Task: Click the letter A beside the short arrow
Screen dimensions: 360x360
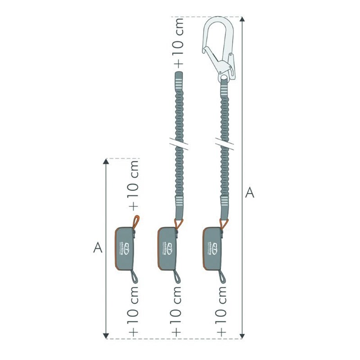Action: (98, 247)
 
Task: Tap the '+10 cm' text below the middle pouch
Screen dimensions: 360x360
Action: (177, 311)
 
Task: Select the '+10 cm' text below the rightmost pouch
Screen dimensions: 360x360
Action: (222, 311)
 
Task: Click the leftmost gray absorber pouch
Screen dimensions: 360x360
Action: (124, 248)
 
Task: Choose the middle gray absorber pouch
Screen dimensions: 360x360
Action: (167, 248)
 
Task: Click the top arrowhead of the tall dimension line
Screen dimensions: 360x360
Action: (242, 20)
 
